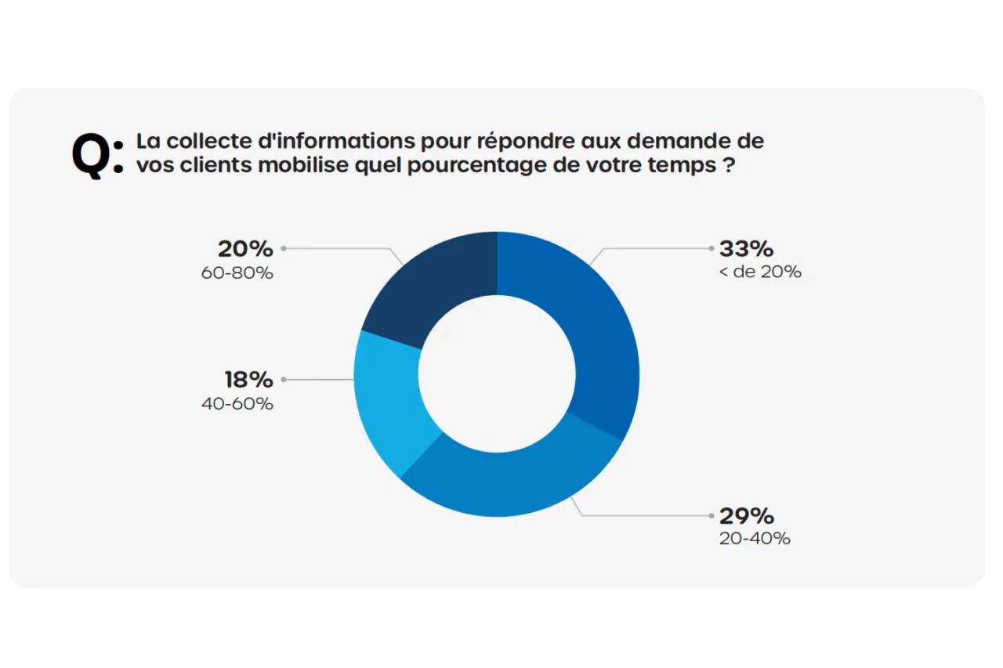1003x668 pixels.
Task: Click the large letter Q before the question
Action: [92, 154]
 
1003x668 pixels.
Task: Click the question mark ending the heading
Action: [729, 166]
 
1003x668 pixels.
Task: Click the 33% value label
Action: [746, 249]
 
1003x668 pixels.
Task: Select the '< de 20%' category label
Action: [760, 273]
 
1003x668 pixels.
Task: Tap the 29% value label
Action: [746, 516]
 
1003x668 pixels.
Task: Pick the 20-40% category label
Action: [755, 539]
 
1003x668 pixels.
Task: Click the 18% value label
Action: [248, 380]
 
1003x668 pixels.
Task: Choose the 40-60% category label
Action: [237, 404]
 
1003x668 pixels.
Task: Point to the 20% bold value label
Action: [245, 249]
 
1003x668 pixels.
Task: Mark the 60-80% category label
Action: [237, 273]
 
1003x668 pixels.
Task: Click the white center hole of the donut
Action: [497, 374]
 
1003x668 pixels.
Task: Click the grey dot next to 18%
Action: [284, 380]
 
